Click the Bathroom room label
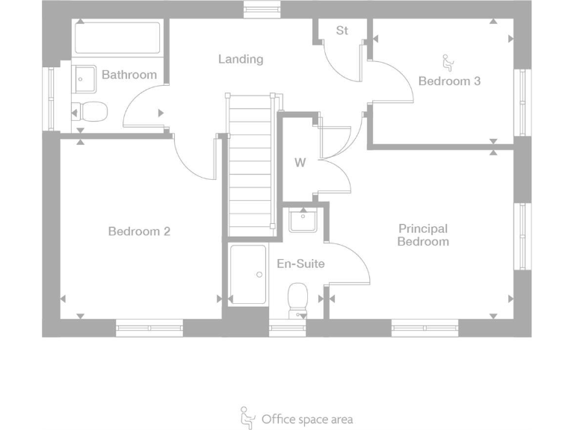[x=129, y=75]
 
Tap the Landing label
[x=241, y=59]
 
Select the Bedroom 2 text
[x=139, y=231]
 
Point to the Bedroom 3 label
[x=449, y=81]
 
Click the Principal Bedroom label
[x=423, y=235]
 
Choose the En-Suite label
[x=300, y=264]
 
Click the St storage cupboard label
[x=342, y=31]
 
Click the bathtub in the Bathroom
[x=117, y=38]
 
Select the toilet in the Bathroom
[x=90, y=112]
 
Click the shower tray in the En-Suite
[x=248, y=275]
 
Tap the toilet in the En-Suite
[x=298, y=299]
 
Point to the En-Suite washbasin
[x=303, y=220]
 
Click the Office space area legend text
[x=306, y=420]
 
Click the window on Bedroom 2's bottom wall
[x=149, y=327]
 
